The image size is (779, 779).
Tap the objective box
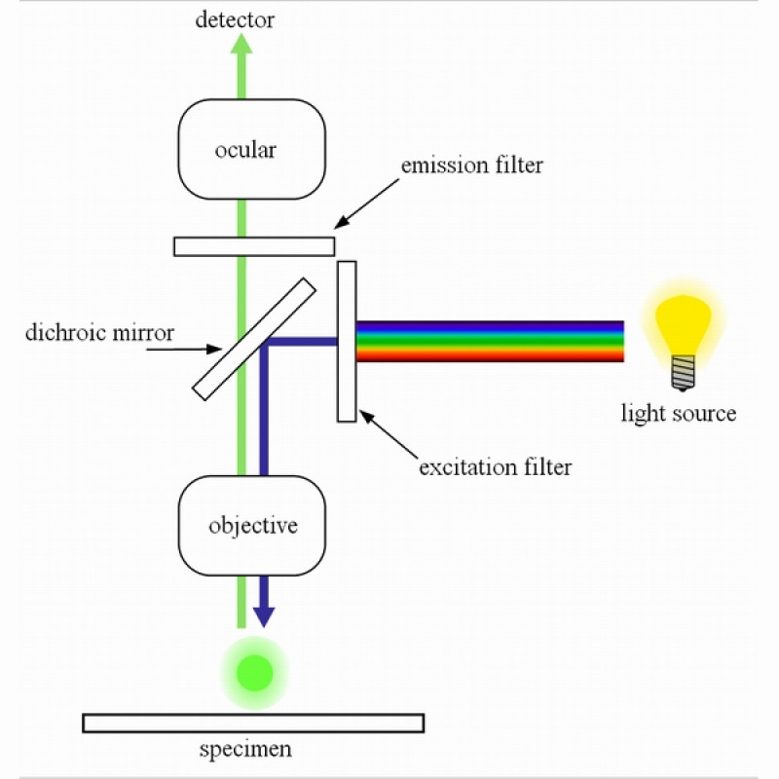[x=292, y=526]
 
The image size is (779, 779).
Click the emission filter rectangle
[x=292, y=246]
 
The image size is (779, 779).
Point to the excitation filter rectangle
[x=347, y=389]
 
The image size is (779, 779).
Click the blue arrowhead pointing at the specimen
[x=263, y=615]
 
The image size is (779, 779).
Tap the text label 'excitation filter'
[x=495, y=467]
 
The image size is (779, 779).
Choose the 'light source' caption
[x=679, y=414]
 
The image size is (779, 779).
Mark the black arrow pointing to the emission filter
[x=370, y=204]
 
